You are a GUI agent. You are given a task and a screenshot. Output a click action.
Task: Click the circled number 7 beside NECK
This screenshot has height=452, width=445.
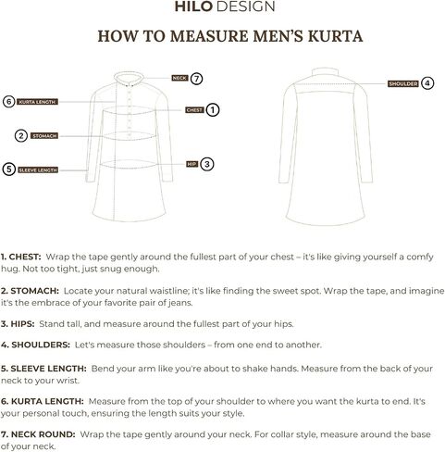click(196, 79)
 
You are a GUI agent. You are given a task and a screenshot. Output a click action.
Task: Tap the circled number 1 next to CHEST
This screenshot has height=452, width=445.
click(213, 110)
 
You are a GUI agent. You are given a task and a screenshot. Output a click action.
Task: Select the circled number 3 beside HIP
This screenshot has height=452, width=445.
click(207, 164)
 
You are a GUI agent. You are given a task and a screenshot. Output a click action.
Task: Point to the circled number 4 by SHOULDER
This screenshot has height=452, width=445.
click(427, 83)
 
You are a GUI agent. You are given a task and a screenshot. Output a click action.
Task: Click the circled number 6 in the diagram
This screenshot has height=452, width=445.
click(9, 102)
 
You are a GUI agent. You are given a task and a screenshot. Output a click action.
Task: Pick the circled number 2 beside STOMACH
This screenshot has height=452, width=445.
click(21, 136)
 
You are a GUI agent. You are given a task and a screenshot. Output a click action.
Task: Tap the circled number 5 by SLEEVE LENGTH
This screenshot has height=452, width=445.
click(9, 169)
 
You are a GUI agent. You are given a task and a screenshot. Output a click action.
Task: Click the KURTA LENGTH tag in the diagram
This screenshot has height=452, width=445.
click(37, 102)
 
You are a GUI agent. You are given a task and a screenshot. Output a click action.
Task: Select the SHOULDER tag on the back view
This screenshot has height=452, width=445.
click(402, 83)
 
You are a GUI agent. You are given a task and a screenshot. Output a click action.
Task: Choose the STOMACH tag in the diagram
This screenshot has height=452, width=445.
click(44, 136)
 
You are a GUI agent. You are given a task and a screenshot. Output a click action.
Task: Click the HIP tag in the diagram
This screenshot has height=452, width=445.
click(192, 164)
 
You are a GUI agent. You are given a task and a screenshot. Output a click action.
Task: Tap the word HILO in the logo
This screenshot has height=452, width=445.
click(193, 6)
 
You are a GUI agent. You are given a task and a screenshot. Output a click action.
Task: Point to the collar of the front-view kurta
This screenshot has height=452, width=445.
click(129, 77)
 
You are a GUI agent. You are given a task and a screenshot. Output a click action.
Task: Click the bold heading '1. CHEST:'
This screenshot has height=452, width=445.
click(20, 257)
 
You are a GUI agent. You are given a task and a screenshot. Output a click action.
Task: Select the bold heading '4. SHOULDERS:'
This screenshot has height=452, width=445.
click(35, 345)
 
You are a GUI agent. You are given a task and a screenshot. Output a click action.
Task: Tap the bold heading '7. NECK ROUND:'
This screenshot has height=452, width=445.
click(38, 434)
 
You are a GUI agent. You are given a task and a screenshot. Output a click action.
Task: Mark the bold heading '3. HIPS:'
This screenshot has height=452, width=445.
click(18, 324)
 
